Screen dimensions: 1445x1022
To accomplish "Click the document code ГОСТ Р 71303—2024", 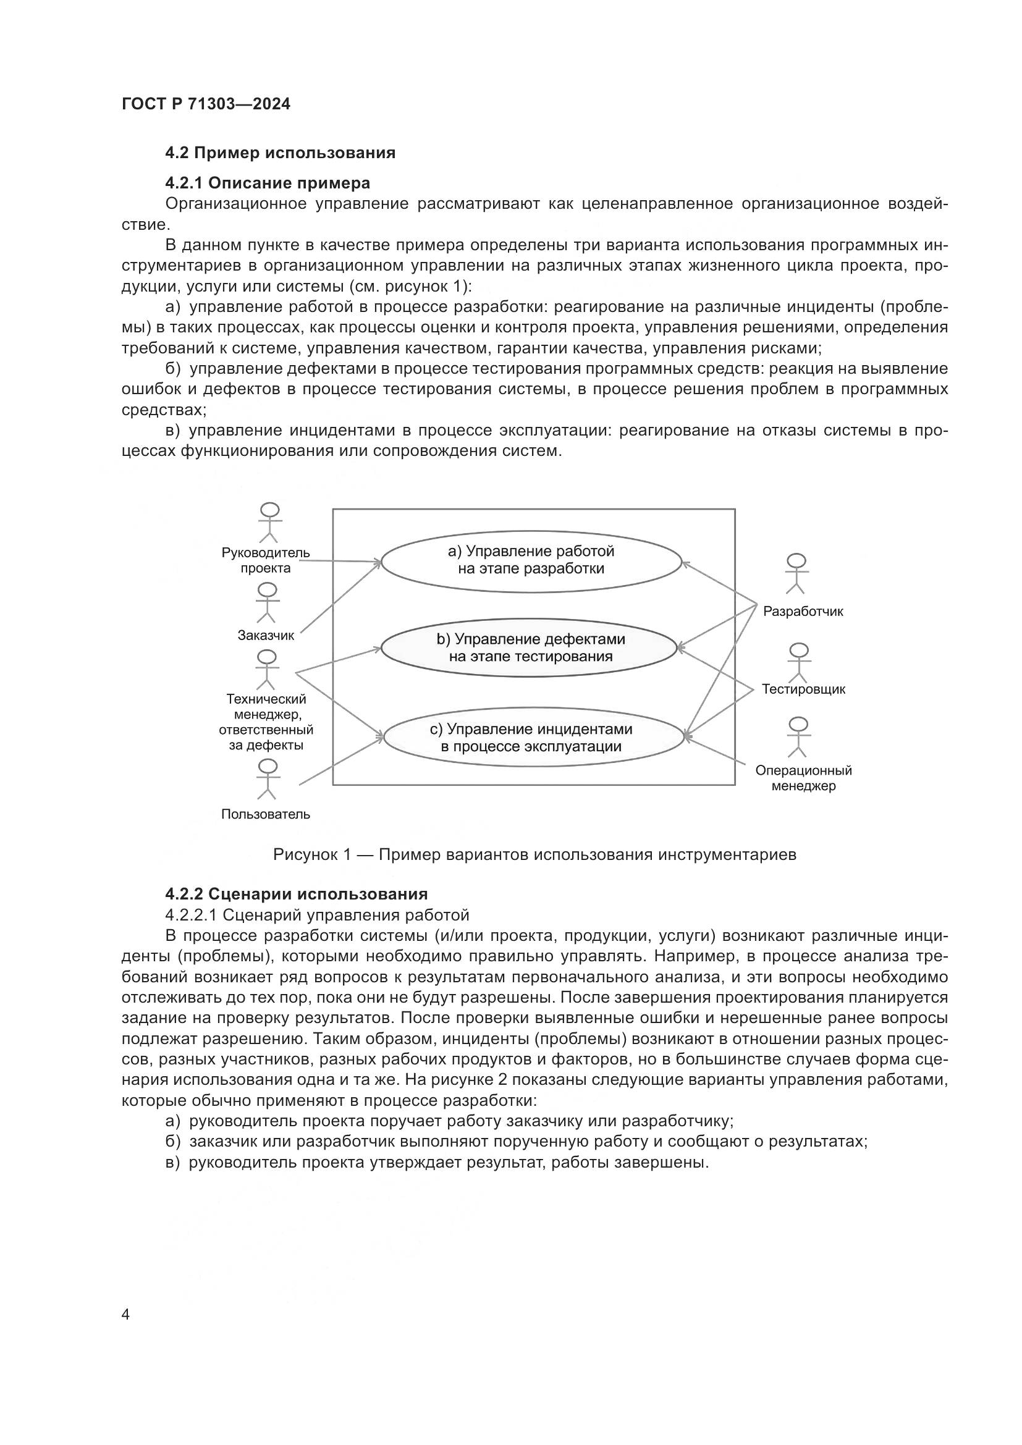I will pyautogui.click(x=206, y=104).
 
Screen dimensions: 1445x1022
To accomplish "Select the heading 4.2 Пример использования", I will pyautogui.click(x=280, y=153).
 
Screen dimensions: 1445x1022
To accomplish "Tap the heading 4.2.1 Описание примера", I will pyautogui.click(x=268, y=183).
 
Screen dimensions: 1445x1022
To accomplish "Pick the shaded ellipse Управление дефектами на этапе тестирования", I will pyautogui.click(x=531, y=647).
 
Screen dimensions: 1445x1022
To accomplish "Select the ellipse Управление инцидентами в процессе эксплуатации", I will pyautogui.click(x=534, y=738).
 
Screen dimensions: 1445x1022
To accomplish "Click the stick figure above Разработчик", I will pyautogui.click(x=796, y=573).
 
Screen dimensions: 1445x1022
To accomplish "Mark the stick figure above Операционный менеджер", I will pyautogui.click(x=798, y=737).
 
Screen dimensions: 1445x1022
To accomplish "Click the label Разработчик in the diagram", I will pyautogui.click(x=803, y=611).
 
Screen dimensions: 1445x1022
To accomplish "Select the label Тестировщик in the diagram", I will pyautogui.click(x=804, y=689).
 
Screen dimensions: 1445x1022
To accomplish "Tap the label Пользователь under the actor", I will pyautogui.click(x=266, y=814).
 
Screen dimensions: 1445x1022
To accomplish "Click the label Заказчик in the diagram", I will pyautogui.click(x=266, y=636).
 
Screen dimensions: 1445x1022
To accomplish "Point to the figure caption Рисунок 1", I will pyautogui.click(x=534, y=854).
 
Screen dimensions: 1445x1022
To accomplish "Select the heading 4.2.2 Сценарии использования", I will pyautogui.click(x=297, y=894).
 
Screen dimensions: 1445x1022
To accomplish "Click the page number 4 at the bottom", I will pyautogui.click(x=125, y=1315).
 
